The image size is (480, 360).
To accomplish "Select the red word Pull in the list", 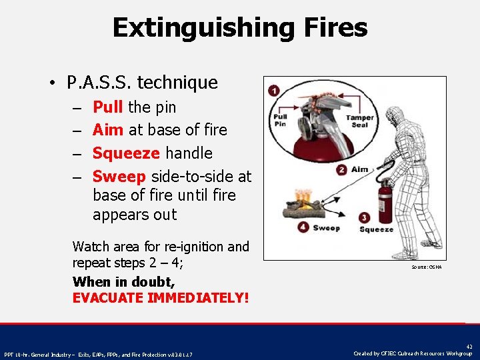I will [107, 107].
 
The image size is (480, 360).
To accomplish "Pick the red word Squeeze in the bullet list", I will [125, 153].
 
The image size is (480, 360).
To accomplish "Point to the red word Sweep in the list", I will [119, 176].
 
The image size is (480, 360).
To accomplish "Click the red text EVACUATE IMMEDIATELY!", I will [160, 297].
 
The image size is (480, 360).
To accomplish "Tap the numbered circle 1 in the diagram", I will [273, 90].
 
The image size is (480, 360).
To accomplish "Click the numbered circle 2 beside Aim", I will [341, 170].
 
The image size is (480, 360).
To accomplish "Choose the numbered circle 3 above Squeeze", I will [364, 218].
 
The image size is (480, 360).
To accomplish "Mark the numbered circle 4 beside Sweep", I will [303, 227].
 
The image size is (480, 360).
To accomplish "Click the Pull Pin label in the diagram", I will [280, 121].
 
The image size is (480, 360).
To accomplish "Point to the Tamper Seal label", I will [359, 121].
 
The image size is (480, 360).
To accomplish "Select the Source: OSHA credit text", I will [427, 267].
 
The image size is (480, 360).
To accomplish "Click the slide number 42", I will [469, 346].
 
